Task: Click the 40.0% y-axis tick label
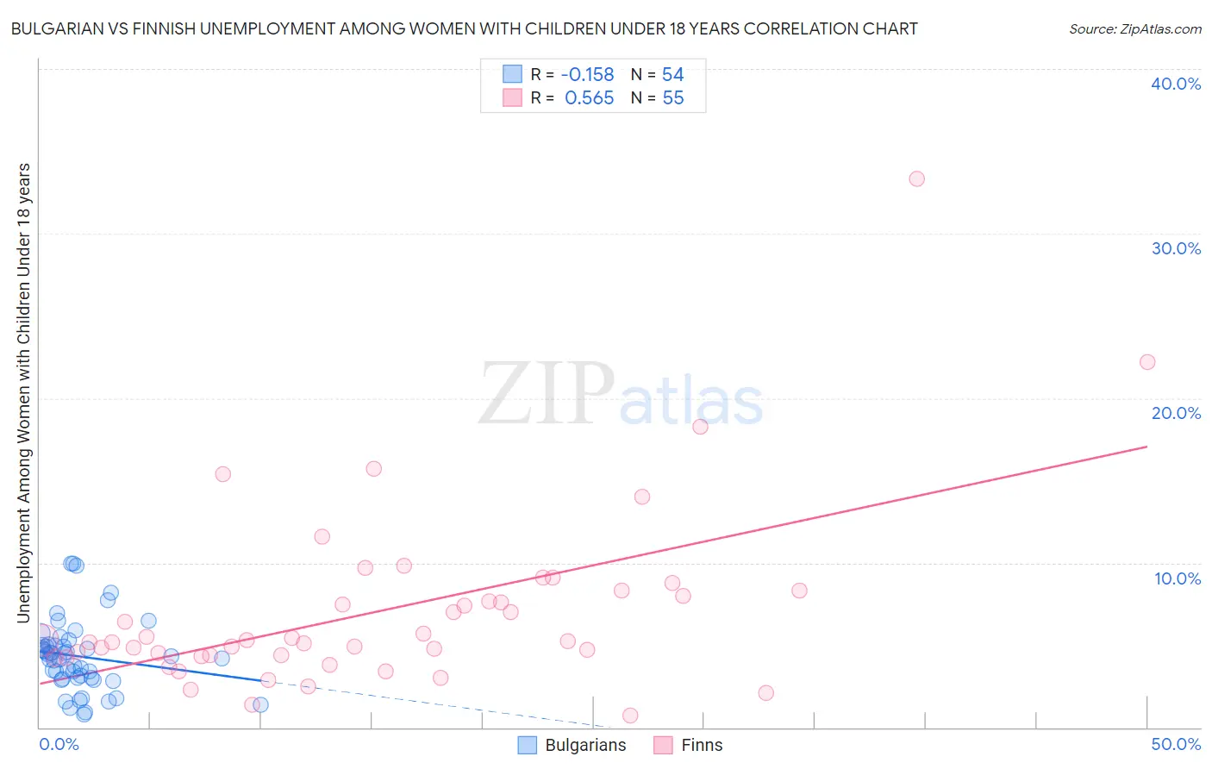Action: pyautogui.click(x=1176, y=84)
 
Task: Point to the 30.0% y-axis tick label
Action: pyautogui.click(x=1176, y=248)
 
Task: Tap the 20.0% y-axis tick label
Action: pyautogui.click(x=1176, y=413)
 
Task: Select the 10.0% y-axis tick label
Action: pyautogui.click(x=1178, y=578)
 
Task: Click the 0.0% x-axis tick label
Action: pyautogui.click(x=59, y=744)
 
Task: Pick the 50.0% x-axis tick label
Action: pyautogui.click(x=1176, y=744)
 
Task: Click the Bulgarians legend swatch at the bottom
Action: pyautogui.click(x=528, y=745)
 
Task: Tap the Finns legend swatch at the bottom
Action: pyautogui.click(x=663, y=745)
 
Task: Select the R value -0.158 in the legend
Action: pyautogui.click(x=587, y=75)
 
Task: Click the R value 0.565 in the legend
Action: pyautogui.click(x=590, y=98)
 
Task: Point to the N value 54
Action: pyautogui.click(x=672, y=75)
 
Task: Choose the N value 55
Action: pyautogui.click(x=672, y=98)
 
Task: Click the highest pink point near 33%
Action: pyautogui.click(x=916, y=178)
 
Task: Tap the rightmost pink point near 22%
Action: pyautogui.click(x=1147, y=362)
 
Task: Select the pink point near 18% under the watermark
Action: pyautogui.click(x=700, y=427)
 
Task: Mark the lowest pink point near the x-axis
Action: pyautogui.click(x=630, y=716)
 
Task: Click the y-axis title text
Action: pyautogui.click(x=23, y=392)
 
